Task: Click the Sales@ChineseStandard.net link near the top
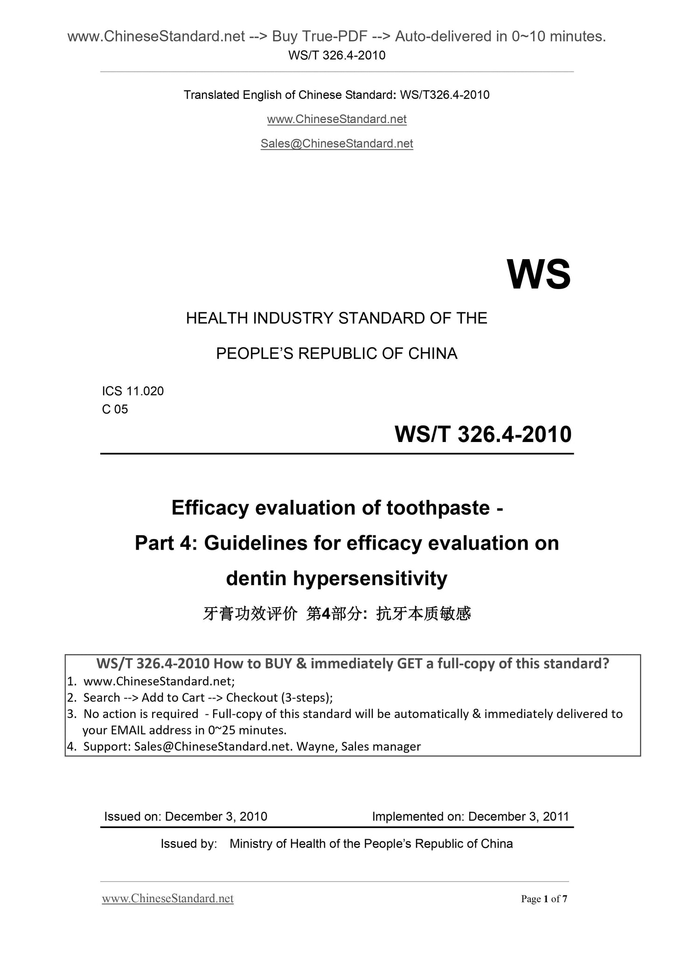(x=337, y=144)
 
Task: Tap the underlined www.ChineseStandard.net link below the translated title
(x=337, y=119)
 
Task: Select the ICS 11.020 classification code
(x=133, y=391)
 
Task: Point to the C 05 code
(x=115, y=409)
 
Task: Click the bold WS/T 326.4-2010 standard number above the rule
(x=483, y=435)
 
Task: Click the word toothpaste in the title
(x=438, y=508)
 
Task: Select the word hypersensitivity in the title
(x=370, y=579)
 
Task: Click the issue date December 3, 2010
(x=216, y=816)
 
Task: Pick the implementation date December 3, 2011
(x=518, y=816)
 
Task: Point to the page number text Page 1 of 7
(x=544, y=899)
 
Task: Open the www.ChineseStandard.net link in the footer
(x=168, y=898)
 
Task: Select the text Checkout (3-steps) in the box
(x=279, y=697)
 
